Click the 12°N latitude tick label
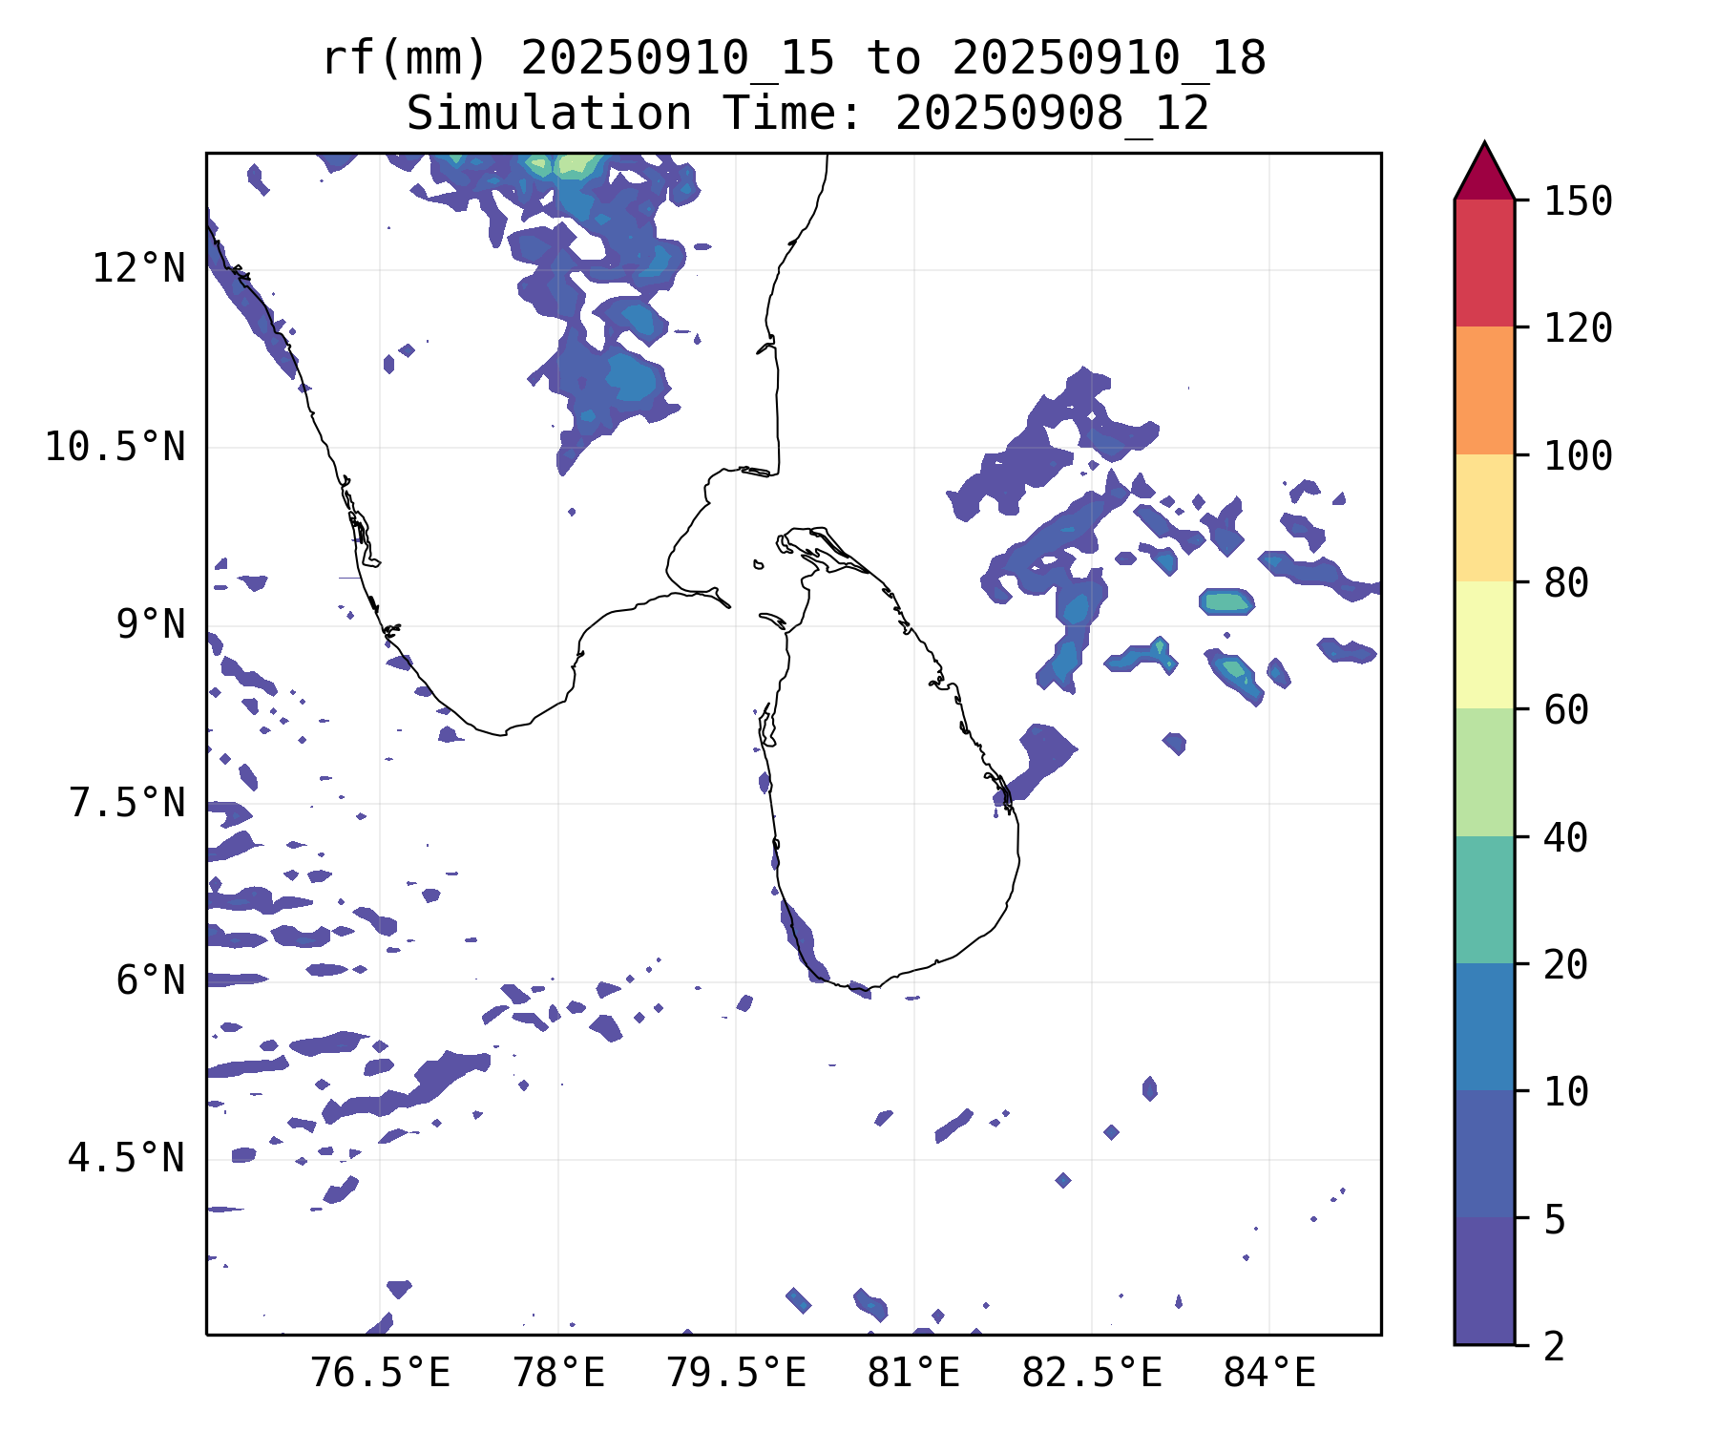click(138, 269)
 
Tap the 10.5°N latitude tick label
click(115, 447)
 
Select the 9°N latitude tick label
click(150, 625)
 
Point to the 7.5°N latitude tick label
click(127, 803)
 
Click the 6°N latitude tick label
click(150, 981)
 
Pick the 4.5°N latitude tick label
click(127, 1159)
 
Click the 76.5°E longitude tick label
click(381, 1375)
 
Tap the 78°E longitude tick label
click(559, 1375)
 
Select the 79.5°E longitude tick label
click(736, 1375)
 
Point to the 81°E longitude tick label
click(913, 1375)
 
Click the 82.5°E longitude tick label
click(1092, 1375)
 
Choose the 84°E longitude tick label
click(1269, 1375)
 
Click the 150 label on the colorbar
click(1578, 201)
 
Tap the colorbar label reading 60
click(1566, 710)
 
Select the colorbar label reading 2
click(1555, 1346)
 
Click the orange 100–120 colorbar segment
click(1484, 390)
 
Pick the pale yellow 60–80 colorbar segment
click(1484, 644)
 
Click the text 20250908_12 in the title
click(1052, 114)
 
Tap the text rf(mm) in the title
click(405, 58)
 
